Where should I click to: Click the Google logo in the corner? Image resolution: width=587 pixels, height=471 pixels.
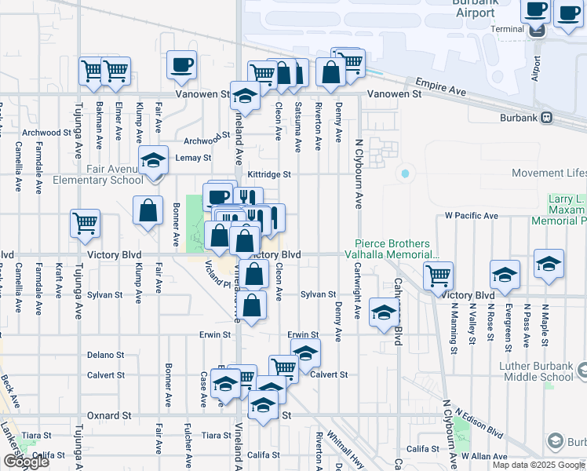click(x=25, y=462)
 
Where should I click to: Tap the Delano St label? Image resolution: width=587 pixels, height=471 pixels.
click(x=106, y=355)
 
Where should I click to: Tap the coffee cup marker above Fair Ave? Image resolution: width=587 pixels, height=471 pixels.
click(x=181, y=65)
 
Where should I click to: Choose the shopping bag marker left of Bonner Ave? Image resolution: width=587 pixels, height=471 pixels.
click(x=148, y=211)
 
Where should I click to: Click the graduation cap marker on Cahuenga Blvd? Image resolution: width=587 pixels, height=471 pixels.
click(x=384, y=314)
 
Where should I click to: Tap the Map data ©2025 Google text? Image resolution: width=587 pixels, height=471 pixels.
click(x=538, y=465)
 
